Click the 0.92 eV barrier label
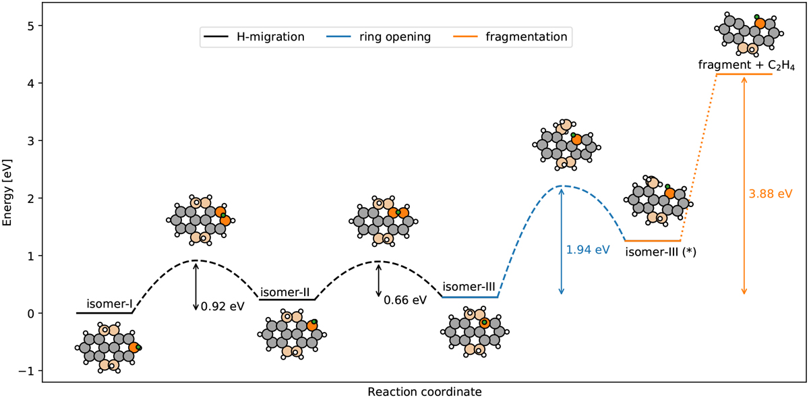click(x=222, y=306)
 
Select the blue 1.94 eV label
click(x=588, y=250)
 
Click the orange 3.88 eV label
click(x=770, y=194)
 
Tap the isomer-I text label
click(x=109, y=304)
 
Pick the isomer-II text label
click(x=284, y=293)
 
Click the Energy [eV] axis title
click(x=9, y=198)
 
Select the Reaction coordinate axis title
click(x=425, y=391)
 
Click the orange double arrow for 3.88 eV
click(x=744, y=186)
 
